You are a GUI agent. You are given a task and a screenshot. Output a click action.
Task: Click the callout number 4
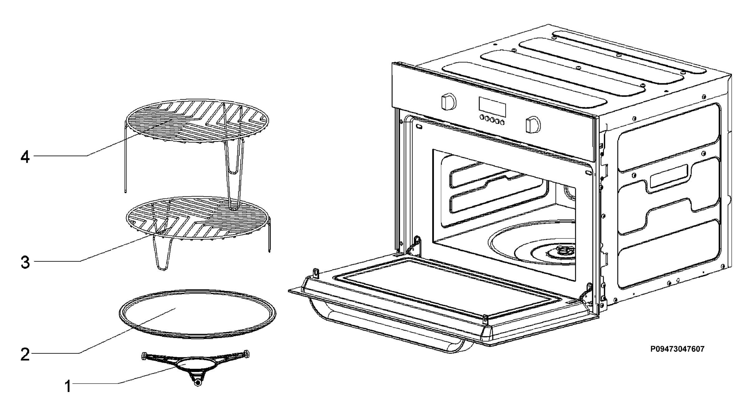[x=25, y=157]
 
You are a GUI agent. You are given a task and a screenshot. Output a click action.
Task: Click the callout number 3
[x=25, y=262]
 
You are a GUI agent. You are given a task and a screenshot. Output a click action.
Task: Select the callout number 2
[x=25, y=354]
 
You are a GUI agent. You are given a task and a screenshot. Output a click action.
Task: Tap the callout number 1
[x=68, y=386]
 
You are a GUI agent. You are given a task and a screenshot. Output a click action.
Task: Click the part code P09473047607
[x=677, y=349]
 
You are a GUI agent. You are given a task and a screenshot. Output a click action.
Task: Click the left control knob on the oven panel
[x=448, y=101]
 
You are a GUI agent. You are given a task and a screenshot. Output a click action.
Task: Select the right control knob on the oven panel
[x=533, y=125]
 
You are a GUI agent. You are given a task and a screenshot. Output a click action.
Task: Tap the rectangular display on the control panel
[x=492, y=106]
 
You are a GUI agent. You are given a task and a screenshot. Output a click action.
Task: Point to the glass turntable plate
[x=198, y=313]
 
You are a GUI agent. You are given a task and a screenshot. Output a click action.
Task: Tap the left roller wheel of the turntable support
[x=144, y=355]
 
